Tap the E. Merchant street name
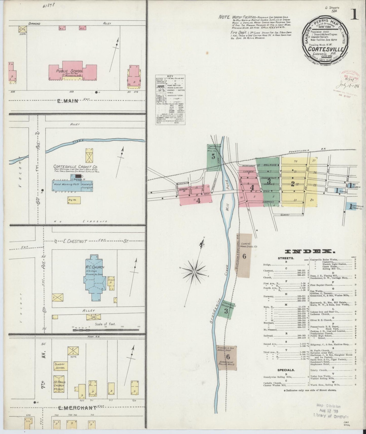click(77, 408)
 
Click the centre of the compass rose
click(194, 272)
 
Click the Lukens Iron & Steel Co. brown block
click(244, 256)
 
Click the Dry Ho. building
click(74, 200)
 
